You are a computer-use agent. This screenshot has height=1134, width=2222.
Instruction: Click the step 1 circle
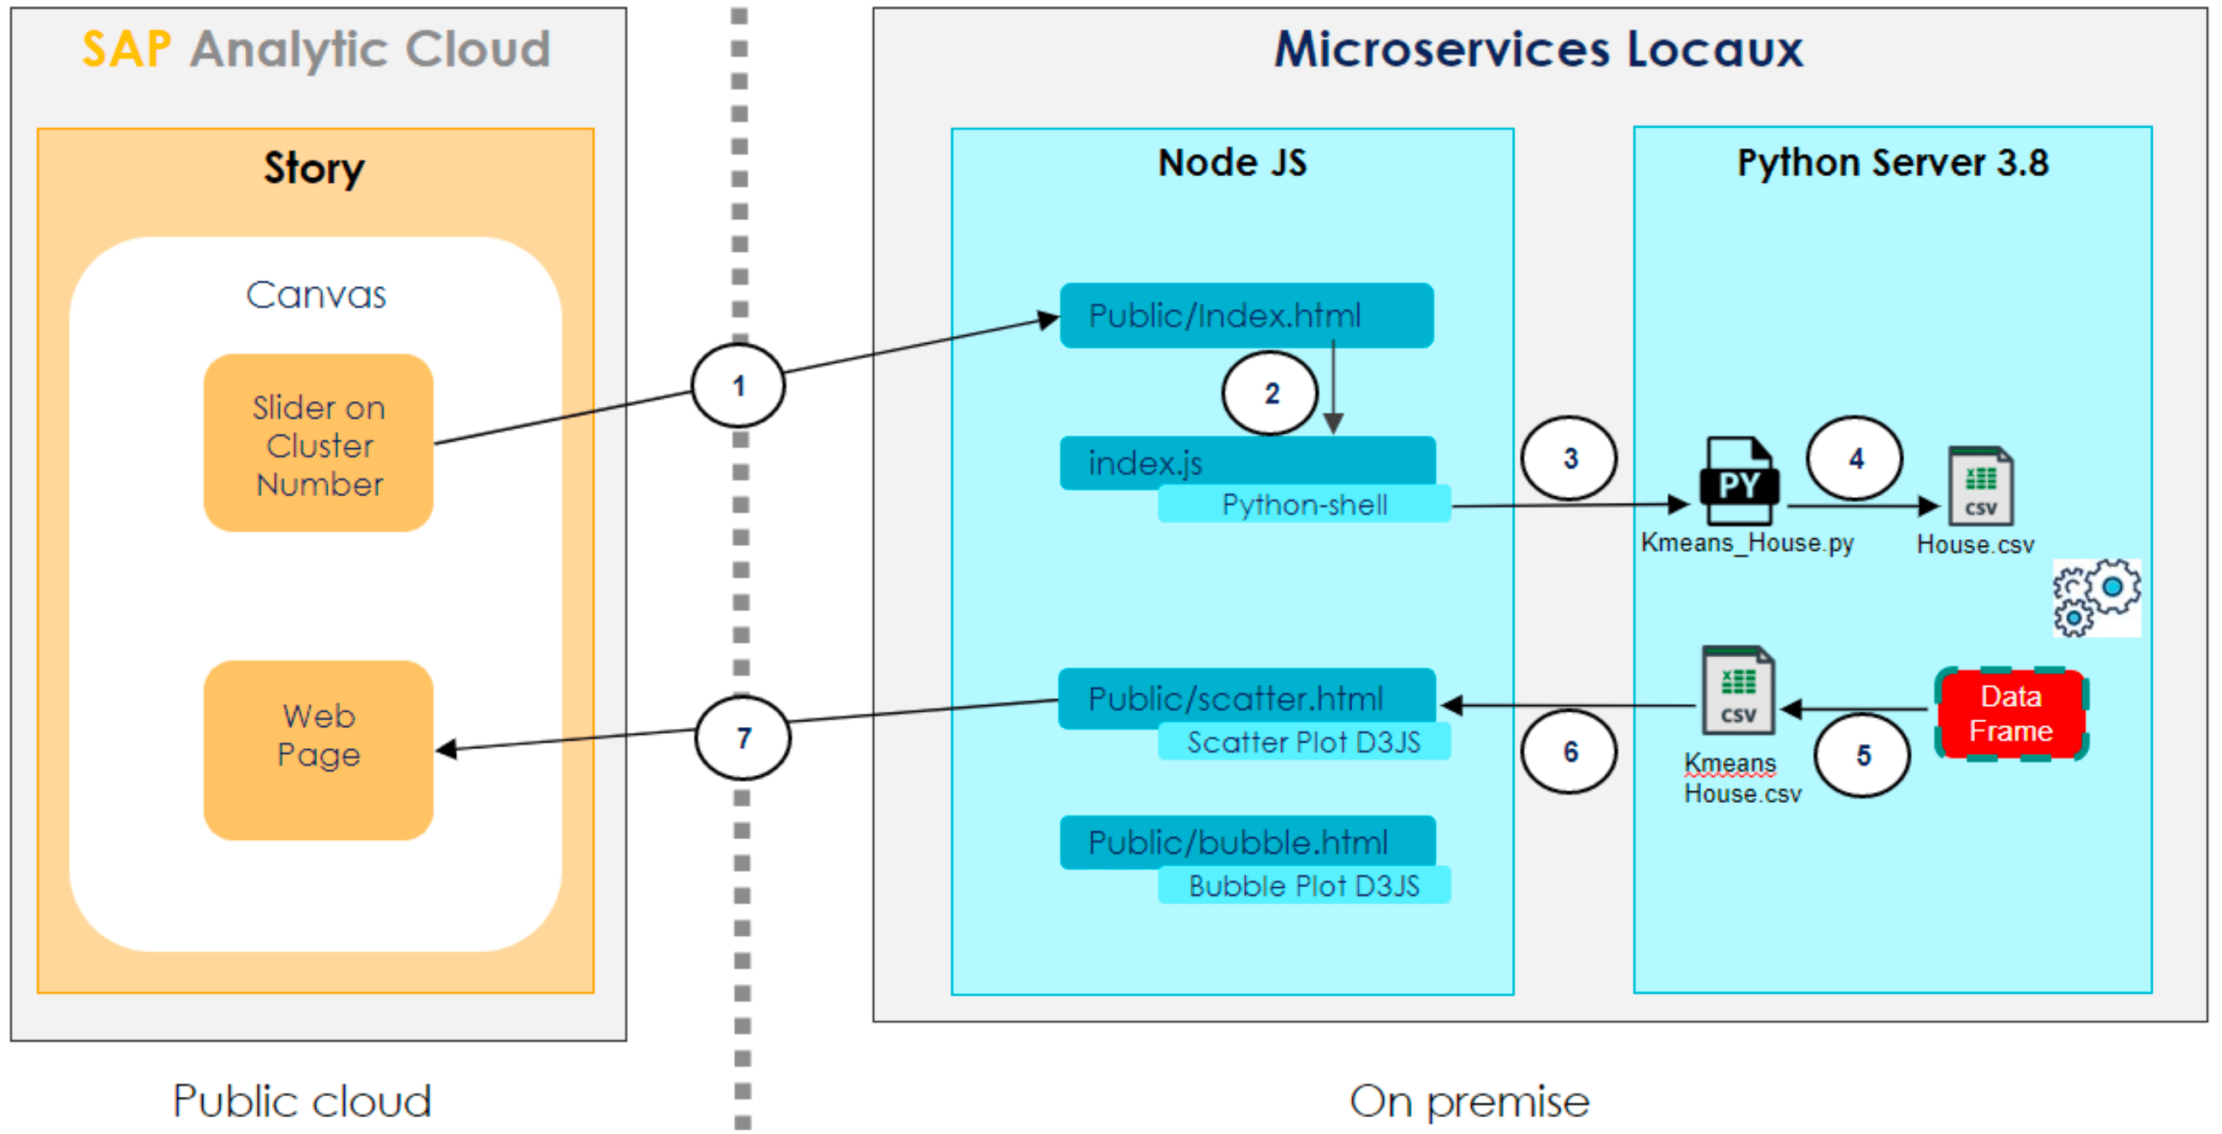tap(738, 386)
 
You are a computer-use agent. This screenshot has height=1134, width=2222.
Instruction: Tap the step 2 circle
tap(1269, 393)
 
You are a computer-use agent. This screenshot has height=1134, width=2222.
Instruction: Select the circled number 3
tap(1569, 458)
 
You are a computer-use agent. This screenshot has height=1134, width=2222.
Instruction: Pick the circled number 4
tap(1854, 458)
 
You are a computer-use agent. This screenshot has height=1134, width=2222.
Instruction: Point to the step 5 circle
tap(1862, 756)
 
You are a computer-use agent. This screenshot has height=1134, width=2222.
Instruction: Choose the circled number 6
tap(1569, 752)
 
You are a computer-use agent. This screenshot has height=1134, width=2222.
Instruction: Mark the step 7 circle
tap(743, 737)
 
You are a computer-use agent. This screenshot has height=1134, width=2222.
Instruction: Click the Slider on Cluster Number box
tap(319, 443)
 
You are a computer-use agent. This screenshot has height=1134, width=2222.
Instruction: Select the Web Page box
tap(319, 751)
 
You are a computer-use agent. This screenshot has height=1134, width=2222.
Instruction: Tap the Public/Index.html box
tap(1246, 316)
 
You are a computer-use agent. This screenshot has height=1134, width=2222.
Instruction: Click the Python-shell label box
tap(1303, 505)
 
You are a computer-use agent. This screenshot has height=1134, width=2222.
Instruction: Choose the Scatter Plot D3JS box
tap(1303, 742)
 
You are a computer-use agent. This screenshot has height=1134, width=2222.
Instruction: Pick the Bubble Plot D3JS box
tap(1303, 885)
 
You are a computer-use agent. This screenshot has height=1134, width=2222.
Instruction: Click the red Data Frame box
tap(2010, 714)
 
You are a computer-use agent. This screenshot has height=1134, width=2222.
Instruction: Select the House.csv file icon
tap(1979, 486)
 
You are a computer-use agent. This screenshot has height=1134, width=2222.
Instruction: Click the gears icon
tap(2096, 597)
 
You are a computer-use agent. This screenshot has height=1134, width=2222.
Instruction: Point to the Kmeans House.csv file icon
tap(1737, 691)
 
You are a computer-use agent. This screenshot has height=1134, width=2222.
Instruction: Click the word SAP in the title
tap(126, 49)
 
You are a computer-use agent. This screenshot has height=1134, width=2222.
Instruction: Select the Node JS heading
tap(1232, 163)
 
